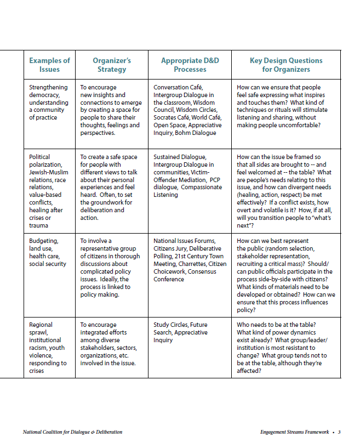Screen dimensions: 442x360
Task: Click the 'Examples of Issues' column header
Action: (49, 65)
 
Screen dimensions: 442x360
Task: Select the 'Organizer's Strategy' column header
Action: (111, 65)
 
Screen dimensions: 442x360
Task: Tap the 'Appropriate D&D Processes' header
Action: (190, 65)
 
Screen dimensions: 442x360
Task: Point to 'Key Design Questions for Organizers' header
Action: (285, 65)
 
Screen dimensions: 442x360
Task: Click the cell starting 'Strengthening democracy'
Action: (49, 102)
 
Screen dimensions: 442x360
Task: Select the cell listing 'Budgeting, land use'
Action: (48, 252)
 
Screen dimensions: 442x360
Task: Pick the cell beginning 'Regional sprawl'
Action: (48, 348)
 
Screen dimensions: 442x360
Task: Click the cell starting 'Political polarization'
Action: (48, 191)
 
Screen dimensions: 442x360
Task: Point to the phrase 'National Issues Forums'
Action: (185, 241)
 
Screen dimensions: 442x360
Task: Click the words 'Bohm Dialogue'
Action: (197, 133)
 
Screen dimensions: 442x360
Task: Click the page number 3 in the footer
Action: (339, 432)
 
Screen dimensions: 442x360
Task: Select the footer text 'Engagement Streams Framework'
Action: (294, 432)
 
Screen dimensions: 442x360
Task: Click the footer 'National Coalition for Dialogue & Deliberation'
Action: (72, 432)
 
